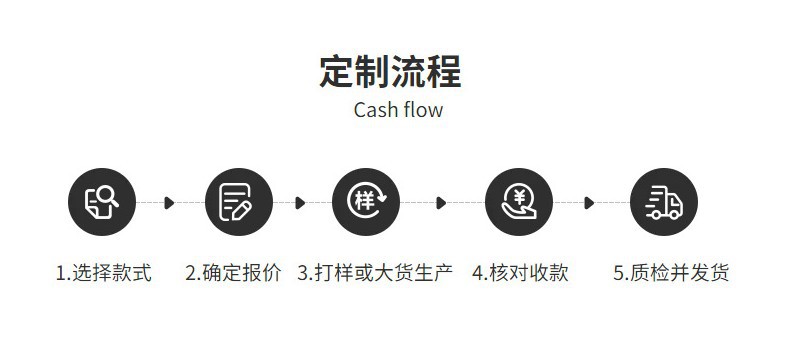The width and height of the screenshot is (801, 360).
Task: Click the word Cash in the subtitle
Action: (x=375, y=110)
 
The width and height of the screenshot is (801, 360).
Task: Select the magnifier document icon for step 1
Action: (x=101, y=202)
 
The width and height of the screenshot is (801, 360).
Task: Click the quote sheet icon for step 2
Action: (x=238, y=202)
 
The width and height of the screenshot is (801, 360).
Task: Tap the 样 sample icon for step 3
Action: (x=366, y=202)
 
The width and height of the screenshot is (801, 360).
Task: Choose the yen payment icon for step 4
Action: (x=518, y=202)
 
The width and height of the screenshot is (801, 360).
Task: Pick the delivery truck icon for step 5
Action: (x=664, y=202)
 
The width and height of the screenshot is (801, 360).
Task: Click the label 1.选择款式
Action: (x=103, y=273)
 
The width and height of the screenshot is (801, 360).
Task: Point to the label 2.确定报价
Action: (x=234, y=273)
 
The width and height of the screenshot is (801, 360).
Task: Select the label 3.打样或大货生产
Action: (x=375, y=273)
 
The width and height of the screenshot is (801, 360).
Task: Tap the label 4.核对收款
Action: (x=520, y=273)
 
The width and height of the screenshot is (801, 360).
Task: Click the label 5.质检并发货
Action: (x=671, y=273)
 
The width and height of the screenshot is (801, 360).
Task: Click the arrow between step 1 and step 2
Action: (x=169, y=203)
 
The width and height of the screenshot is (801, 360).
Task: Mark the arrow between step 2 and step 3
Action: (x=300, y=203)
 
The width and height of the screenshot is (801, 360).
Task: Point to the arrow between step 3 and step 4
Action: (x=441, y=203)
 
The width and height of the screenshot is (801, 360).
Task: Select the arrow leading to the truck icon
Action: (x=590, y=203)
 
